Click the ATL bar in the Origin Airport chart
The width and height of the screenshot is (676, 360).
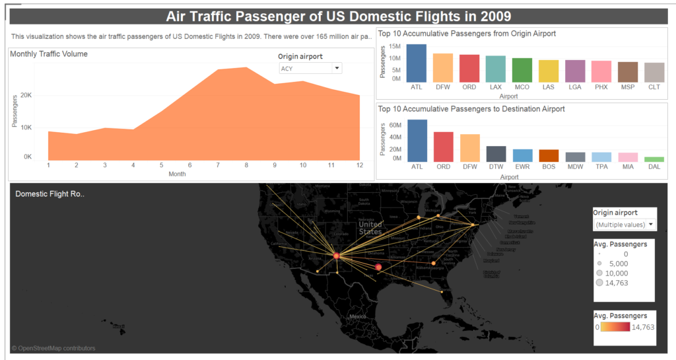pyautogui.click(x=417, y=63)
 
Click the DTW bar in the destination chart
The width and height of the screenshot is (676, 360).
pyautogui.click(x=496, y=154)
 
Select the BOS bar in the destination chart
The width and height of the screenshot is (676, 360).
pyautogui.click(x=549, y=156)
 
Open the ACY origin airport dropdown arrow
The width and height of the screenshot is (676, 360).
pyautogui.click(x=337, y=68)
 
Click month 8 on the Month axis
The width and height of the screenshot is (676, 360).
pyautogui.click(x=246, y=165)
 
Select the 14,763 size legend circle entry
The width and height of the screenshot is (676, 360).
pyautogui.click(x=600, y=282)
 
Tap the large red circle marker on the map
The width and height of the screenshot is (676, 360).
pyautogui.click(x=378, y=267)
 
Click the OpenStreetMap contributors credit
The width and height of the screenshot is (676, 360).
pyautogui.click(x=53, y=348)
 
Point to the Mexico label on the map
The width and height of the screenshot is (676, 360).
pyautogui.click(x=358, y=317)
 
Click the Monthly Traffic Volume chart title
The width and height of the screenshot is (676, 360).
pyautogui.click(x=49, y=54)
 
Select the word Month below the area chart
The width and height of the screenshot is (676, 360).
pyautogui.click(x=177, y=174)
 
